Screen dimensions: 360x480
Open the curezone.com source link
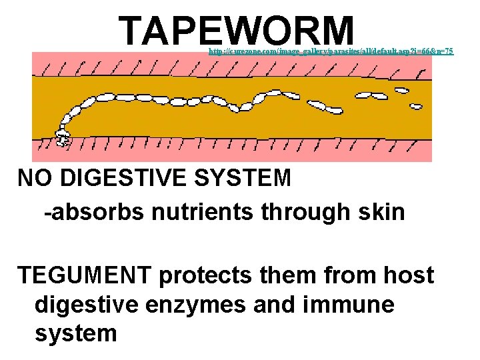[331, 51]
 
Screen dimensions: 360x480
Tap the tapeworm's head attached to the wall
[63, 139]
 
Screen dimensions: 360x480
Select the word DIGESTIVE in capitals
[124, 178]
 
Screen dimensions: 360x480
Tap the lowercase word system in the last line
[75, 334]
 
